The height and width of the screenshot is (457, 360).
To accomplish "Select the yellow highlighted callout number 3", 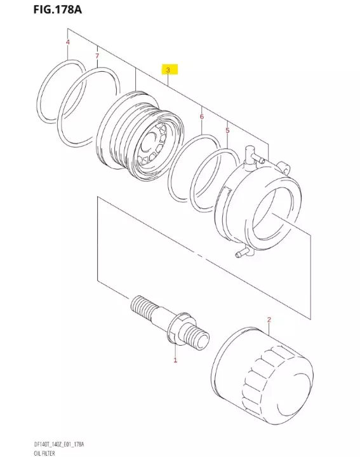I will (x=168, y=69).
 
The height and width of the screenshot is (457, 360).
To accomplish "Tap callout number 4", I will (x=67, y=43).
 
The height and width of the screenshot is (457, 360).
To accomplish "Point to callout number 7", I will (x=97, y=57).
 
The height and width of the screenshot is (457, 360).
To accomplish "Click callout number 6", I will (x=201, y=117).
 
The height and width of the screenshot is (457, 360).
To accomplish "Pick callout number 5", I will (x=227, y=130).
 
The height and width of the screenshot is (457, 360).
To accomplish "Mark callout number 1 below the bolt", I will (x=175, y=360).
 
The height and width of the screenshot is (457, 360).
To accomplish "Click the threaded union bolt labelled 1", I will (x=171, y=320).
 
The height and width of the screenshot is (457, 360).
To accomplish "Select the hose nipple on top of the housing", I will (x=251, y=153).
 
